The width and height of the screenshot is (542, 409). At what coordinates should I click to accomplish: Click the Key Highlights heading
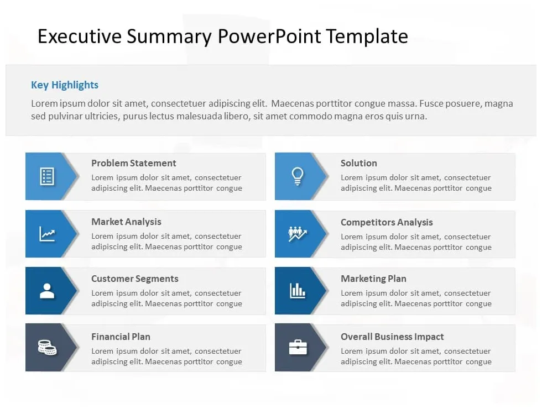point(65,85)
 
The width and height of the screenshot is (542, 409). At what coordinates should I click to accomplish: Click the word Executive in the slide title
point(79,36)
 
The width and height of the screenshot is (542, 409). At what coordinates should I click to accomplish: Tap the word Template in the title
point(367,36)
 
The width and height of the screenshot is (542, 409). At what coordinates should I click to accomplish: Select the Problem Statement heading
point(134,163)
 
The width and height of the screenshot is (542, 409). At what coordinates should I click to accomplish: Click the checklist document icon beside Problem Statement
point(47,177)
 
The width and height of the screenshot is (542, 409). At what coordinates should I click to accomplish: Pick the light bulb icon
point(298,176)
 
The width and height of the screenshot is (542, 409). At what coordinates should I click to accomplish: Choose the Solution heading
point(359,163)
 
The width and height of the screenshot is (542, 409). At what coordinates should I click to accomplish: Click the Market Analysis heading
point(126,222)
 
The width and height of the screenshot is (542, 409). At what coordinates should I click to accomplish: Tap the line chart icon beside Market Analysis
point(47,234)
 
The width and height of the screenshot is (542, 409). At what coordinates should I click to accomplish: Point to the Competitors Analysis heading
point(387,222)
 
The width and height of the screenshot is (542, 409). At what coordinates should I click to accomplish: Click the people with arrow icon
point(298,234)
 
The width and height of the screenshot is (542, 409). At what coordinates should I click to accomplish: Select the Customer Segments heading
point(135,279)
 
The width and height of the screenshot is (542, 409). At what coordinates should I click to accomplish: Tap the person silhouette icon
point(47,291)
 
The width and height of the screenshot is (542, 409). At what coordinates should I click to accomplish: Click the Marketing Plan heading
point(373,279)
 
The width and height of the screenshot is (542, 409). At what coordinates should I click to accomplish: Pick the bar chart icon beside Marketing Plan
point(298,291)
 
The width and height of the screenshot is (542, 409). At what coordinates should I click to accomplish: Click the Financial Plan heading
point(121,337)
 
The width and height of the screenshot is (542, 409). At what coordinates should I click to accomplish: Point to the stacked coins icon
point(47,347)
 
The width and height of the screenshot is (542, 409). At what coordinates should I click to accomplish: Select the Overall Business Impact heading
point(392,337)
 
